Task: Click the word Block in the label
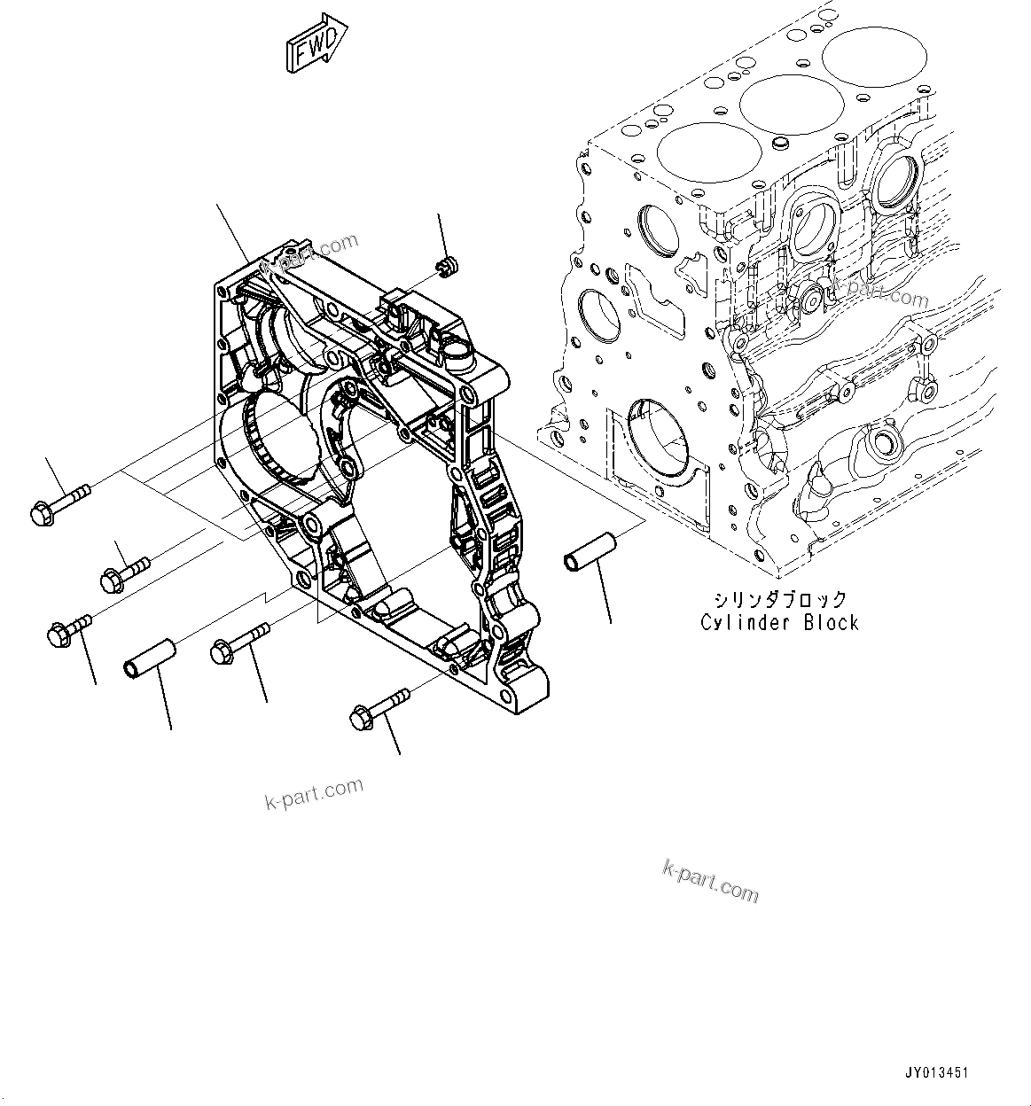click(831, 622)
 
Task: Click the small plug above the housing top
click(448, 264)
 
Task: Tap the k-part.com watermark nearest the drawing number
click(711, 880)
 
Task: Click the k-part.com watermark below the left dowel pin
click(314, 794)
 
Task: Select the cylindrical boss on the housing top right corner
click(459, 354)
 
